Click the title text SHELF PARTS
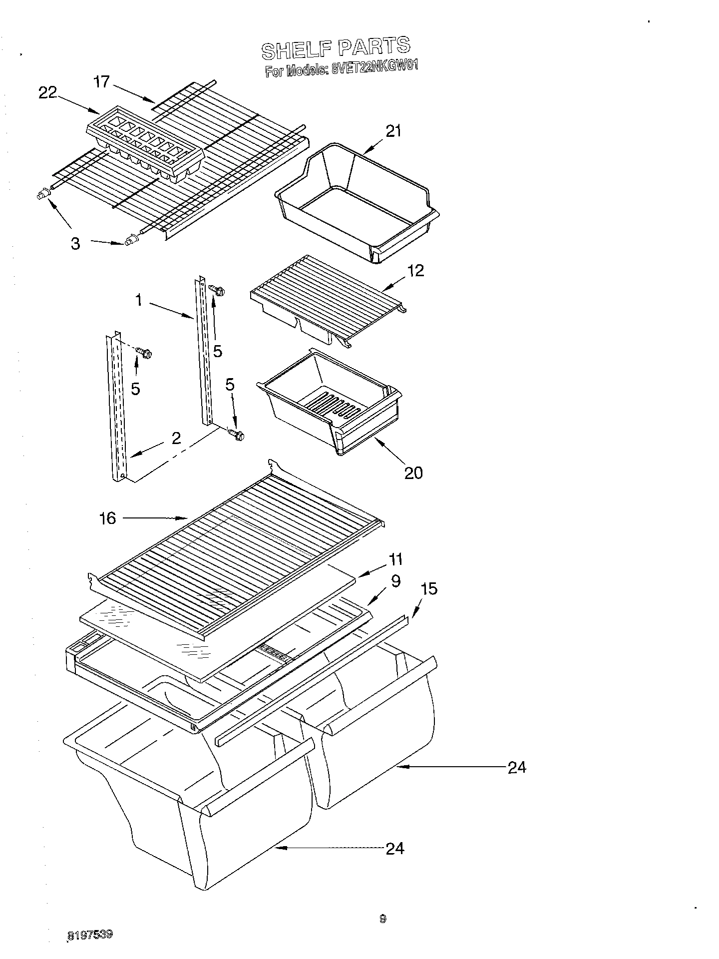336,47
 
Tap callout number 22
48,92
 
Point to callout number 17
101,81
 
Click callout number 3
75,244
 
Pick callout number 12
415,270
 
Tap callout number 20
413,472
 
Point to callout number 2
176,438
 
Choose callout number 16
107,518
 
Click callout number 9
395,581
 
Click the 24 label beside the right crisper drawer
517,767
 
